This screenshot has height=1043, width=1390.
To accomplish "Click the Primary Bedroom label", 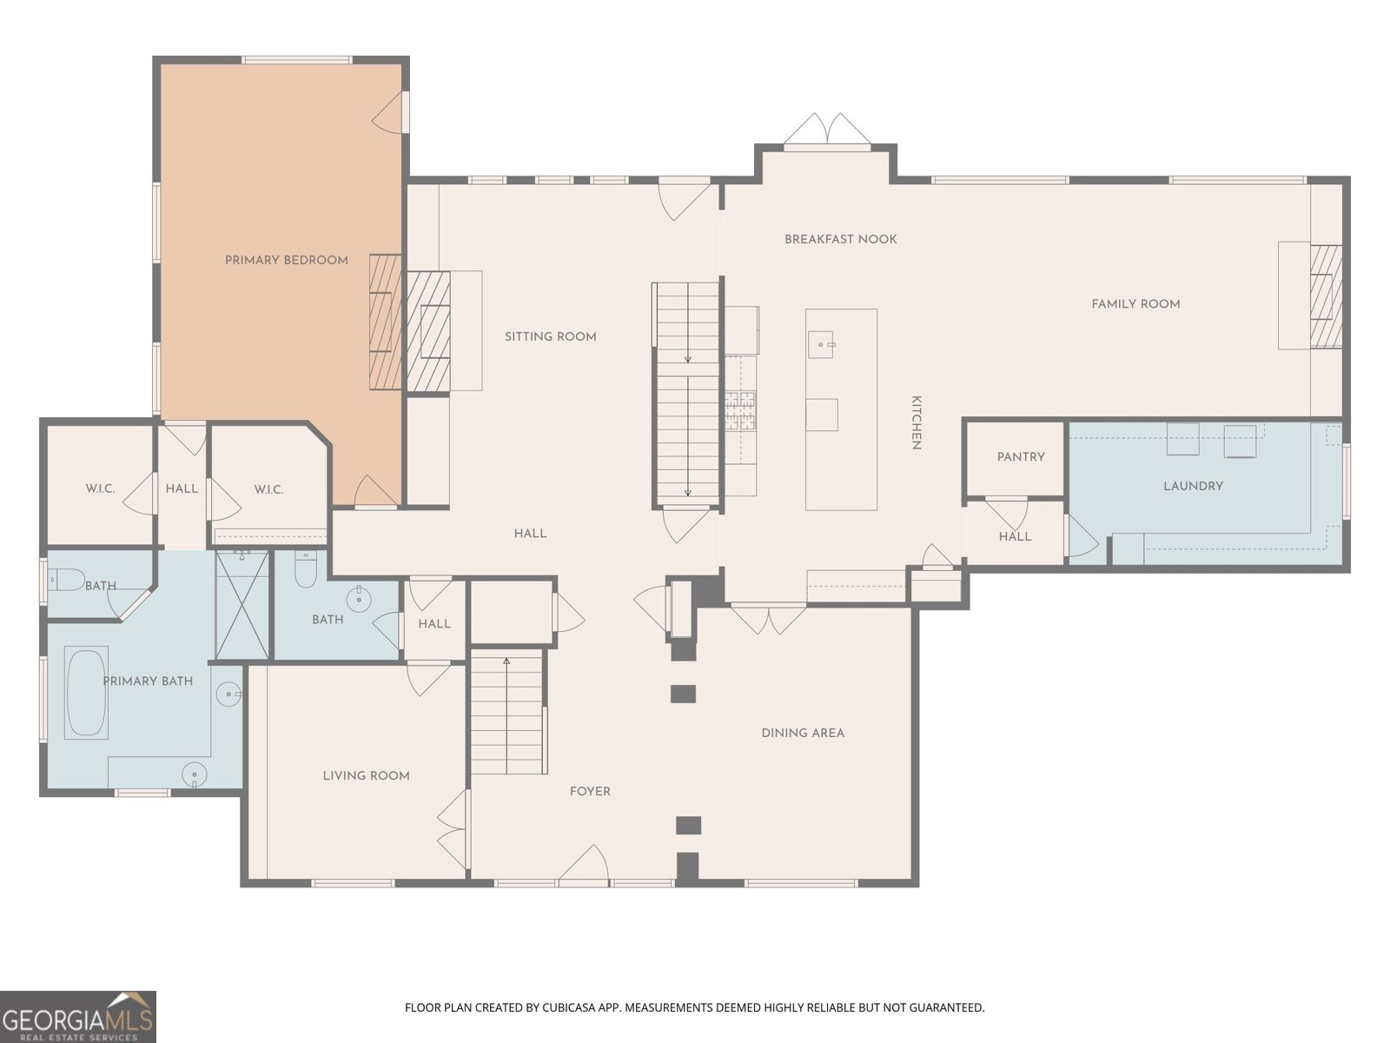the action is click(286, 260).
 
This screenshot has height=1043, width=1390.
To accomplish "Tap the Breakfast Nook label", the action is click(840, 239).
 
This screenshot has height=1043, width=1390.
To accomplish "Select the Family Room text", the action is click(1135, 304).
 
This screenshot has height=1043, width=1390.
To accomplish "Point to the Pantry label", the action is click(1020, 456).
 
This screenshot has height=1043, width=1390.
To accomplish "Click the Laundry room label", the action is click(1193, 486).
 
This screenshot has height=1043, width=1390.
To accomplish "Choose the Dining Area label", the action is click(803, 733).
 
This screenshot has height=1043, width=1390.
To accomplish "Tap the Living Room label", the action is click(366, 776).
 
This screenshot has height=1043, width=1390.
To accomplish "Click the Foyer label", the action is click(590, 792).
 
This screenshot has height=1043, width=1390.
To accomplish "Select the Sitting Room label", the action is click(550, 337).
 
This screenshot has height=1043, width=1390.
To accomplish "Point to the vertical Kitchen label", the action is click(916, 422).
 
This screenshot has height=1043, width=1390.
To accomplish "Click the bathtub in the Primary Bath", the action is click(86, 692).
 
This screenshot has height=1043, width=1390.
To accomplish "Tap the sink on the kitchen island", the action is click(821, 344).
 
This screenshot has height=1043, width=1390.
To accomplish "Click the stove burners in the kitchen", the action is click(739, 411).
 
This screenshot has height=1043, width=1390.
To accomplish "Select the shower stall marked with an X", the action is click(242, 606).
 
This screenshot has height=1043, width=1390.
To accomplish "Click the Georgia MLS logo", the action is click(78, 1016).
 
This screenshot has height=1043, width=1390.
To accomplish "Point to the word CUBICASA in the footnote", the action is click(566, 1007).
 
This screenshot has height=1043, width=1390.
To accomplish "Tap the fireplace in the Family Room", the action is click(1326, 296).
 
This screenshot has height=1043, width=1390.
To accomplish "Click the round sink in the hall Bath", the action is click(359, 598).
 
